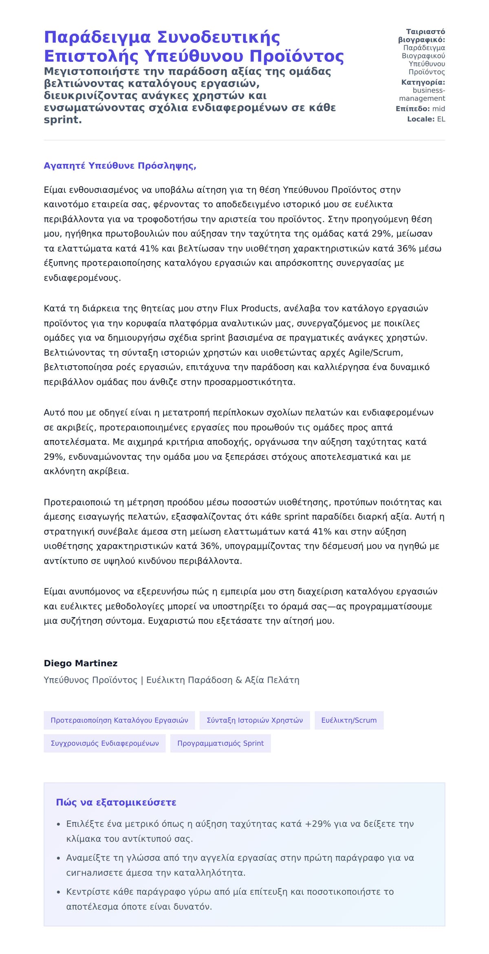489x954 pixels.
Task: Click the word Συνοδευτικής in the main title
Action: tap(218, 37)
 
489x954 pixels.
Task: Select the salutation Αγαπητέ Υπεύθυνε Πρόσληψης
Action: tap(120, 166)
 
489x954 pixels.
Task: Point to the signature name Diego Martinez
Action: tap(80, 663)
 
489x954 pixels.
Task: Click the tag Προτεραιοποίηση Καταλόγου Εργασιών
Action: tap(119, 720)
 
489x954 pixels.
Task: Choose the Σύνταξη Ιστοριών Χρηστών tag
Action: tap(255, 720)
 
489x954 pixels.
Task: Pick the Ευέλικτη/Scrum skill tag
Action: tap(349, 720)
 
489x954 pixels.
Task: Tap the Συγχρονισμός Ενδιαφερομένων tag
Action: tap(104, 743)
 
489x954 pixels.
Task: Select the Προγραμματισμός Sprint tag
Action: tap(220, 743)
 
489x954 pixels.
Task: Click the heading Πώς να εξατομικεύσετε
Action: tap(116, 802)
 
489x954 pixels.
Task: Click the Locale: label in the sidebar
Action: tap(421, 119)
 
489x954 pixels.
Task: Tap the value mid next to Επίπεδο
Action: tap(438, 109)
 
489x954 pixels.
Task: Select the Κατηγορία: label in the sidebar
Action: tap(423, 82)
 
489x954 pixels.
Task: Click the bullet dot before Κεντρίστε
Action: tap(59, 892)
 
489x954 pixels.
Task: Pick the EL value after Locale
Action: tap(441, 119)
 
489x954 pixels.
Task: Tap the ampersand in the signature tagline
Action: tap(238, 680)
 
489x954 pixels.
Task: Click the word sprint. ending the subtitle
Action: tap(63, 120)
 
